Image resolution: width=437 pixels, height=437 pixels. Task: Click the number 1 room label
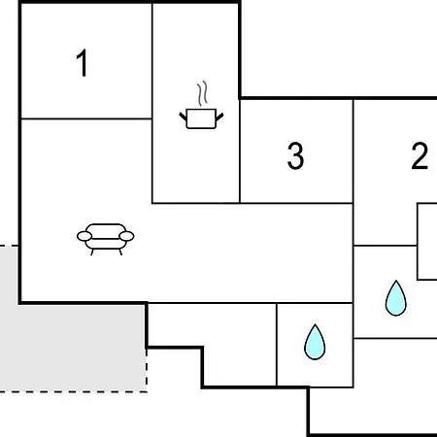83,63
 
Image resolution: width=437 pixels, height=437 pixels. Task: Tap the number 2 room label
420,155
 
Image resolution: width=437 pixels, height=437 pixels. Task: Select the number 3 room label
295,155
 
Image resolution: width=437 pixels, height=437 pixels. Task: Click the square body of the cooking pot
201,118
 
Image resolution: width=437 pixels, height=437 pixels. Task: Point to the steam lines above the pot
202,93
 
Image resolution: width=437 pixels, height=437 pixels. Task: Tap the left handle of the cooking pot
184,117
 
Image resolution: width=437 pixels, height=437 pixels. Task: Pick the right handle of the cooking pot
219,117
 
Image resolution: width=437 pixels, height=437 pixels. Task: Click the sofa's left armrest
84,236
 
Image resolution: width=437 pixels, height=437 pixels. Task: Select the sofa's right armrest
126,236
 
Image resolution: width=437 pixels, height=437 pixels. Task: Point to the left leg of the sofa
92,252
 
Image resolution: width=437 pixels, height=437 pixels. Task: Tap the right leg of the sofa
120,252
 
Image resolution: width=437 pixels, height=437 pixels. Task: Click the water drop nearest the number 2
396,298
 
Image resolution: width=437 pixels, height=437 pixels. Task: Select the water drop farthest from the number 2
315,342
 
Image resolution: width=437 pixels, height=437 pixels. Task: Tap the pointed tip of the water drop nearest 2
396,281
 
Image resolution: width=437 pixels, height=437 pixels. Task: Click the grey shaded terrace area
74,348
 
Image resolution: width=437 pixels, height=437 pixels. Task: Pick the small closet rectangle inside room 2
427,242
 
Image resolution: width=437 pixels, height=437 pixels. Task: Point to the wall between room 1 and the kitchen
152,61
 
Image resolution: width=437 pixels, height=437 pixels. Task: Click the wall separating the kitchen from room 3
240,151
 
